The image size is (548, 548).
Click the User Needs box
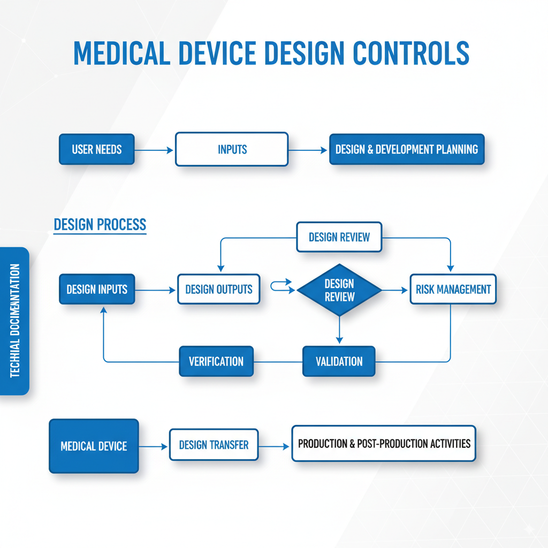96,149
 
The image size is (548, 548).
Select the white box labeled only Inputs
232,149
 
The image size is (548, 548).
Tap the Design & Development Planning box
407,149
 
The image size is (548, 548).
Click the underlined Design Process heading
100,225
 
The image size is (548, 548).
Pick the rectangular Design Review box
339,237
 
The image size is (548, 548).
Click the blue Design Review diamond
339,290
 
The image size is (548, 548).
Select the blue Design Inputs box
97,290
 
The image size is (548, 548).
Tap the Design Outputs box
218,290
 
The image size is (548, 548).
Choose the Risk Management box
453,290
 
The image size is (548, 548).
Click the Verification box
216,361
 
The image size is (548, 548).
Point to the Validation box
339,361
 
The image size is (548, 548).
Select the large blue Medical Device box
94,446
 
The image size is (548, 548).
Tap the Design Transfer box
214,445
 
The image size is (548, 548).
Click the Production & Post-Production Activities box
384,444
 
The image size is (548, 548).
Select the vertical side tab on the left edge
14,321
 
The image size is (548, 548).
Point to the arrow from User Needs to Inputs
155,150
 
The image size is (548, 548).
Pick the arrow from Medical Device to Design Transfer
154,445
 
